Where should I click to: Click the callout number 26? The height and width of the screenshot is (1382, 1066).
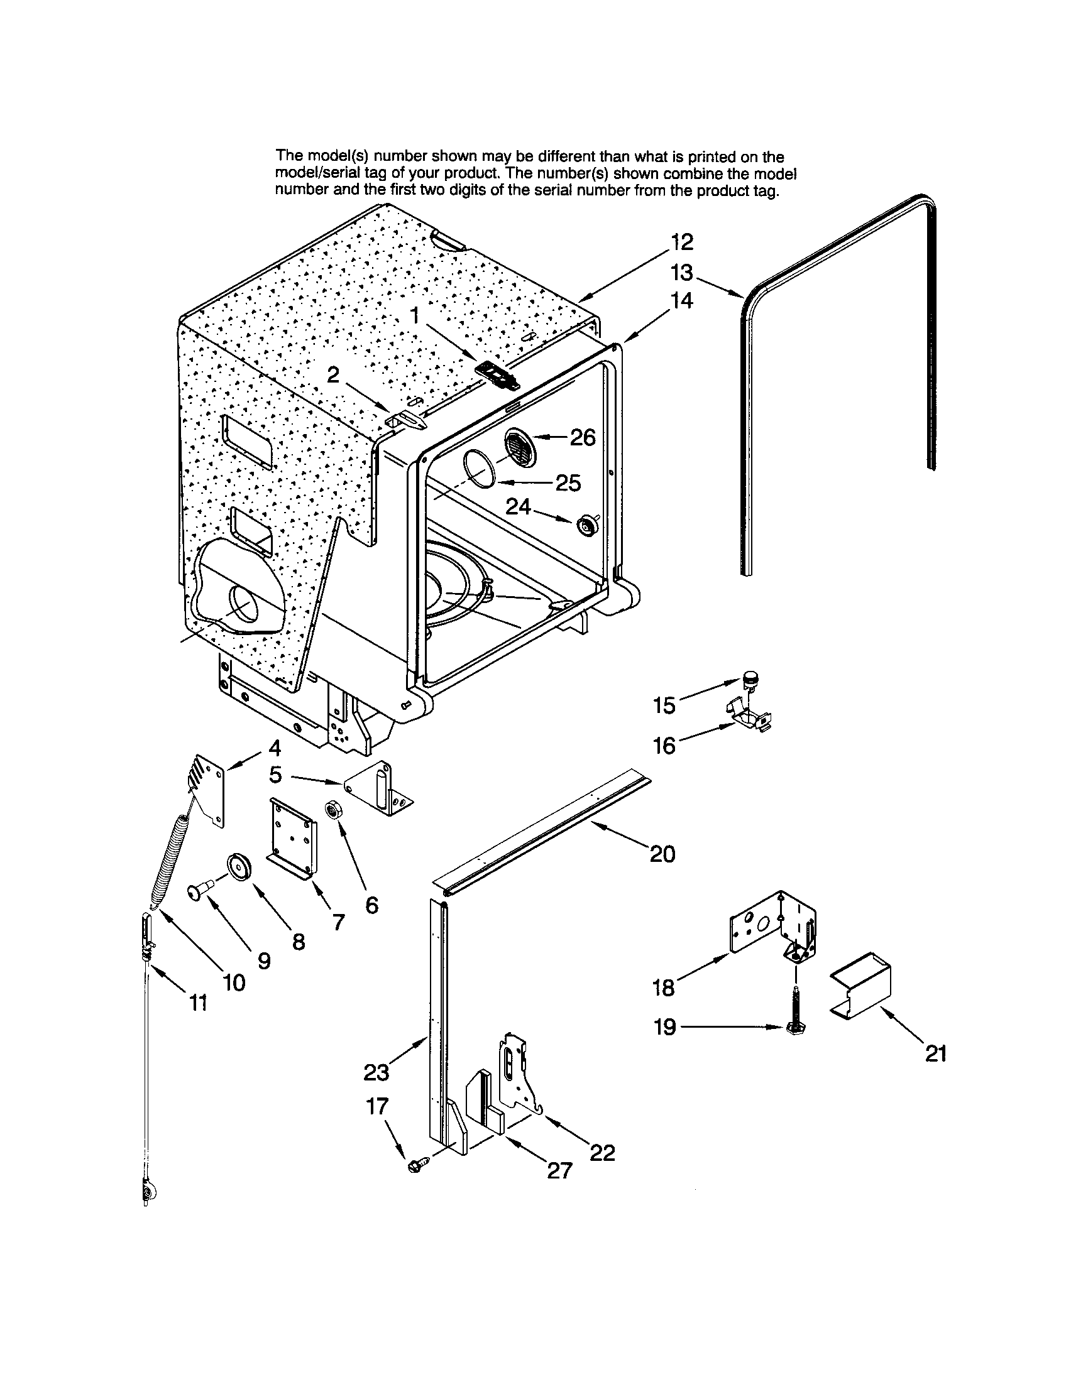click(583, 437)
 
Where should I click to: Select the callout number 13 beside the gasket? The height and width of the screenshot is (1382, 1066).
click(682, 273)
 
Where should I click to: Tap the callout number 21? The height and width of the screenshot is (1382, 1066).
click(936, 1053)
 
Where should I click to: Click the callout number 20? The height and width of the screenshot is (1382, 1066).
click(662, 854)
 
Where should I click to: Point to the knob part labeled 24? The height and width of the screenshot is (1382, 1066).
click(588, 525)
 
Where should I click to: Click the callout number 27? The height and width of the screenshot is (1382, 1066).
click(559, 1171)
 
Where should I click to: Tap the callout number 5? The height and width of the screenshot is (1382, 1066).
click(275, 774)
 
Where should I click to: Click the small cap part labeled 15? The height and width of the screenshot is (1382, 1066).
click(750, 679)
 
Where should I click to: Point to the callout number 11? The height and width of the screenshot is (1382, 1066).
click(198, 1003)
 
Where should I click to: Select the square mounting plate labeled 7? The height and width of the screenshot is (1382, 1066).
click(292, 837)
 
